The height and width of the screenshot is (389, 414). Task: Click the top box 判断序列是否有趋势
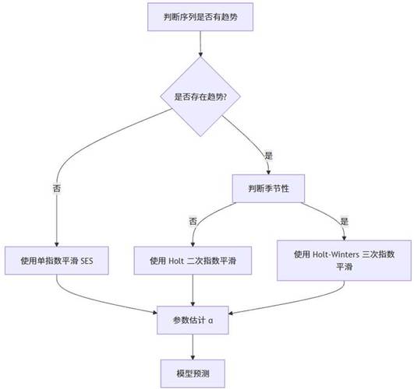coord(200,18)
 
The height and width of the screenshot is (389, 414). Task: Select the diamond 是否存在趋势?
coord(200,97)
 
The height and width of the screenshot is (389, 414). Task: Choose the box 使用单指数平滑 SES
coord(57,259)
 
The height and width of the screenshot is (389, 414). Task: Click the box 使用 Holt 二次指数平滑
coord(193,259)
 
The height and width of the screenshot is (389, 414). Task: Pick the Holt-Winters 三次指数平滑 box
coord(343,259)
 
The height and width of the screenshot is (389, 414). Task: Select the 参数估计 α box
coord(193,320)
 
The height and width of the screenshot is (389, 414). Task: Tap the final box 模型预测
coord(193,372)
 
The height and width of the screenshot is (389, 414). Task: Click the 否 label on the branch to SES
coord(57,187)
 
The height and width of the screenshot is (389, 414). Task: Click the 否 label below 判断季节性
coord(193,221)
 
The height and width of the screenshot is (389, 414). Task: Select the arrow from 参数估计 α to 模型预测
coord(193,346)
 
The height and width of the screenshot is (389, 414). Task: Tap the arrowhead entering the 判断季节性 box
coord(268,170)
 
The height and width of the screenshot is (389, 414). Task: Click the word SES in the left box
coord(98,259)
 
